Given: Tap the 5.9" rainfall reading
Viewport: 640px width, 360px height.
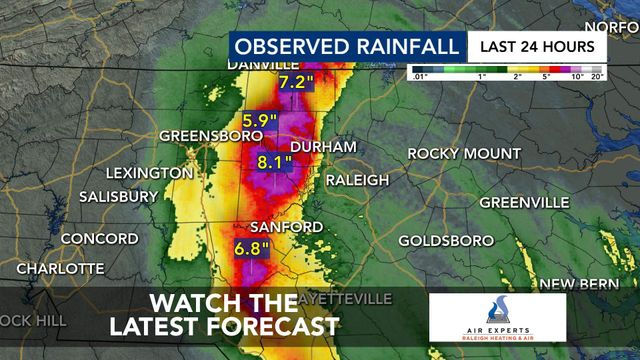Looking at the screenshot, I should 260,117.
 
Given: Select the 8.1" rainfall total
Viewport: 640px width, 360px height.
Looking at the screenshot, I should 274,161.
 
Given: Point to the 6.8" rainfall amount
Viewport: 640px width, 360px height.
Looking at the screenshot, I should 252,246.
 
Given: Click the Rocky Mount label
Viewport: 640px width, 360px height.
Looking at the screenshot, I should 463,153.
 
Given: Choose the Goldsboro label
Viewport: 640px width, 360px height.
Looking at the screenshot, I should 446,241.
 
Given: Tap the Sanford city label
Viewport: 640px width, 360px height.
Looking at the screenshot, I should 287,227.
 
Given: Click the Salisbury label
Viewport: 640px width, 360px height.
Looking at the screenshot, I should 118,196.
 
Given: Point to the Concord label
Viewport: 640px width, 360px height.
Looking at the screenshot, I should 99,239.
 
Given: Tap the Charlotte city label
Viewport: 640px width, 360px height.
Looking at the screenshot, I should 59,268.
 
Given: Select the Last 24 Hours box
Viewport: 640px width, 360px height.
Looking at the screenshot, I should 537,46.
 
